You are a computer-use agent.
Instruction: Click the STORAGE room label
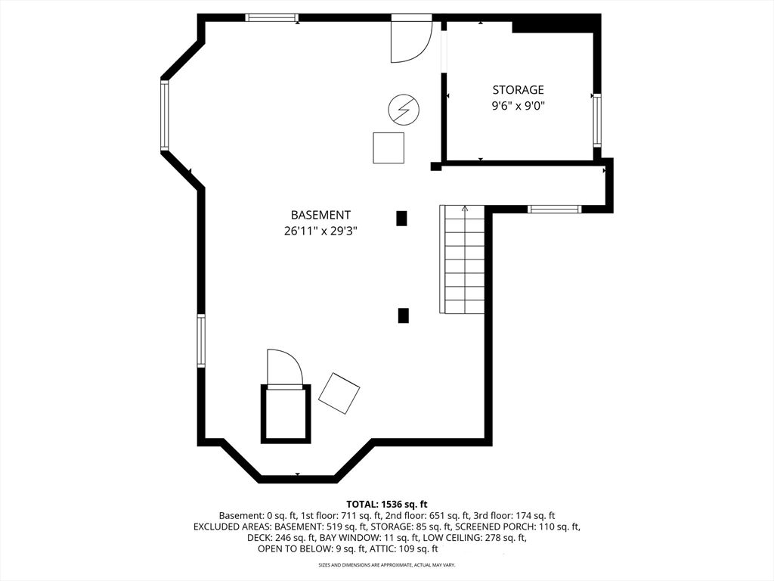pos(518,89)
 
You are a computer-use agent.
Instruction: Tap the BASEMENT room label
pos(320,215)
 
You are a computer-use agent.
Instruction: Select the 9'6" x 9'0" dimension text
pos(518,106)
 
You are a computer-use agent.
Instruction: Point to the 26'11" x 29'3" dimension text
pos(320,231)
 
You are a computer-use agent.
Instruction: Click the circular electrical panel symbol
pos(404,109)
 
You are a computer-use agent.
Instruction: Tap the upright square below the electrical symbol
pos(389,148)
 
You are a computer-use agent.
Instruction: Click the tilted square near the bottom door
pos(339,393)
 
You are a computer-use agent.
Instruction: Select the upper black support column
pos(402,219)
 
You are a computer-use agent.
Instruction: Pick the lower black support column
pos(404,315)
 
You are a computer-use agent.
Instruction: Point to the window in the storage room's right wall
pos(597,120)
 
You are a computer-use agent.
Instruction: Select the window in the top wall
pos(272,18)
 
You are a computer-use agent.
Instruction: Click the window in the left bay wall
pos(164,116)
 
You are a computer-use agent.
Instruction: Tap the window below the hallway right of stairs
pos(554,209)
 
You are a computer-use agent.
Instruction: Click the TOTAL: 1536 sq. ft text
pos(386,505)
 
